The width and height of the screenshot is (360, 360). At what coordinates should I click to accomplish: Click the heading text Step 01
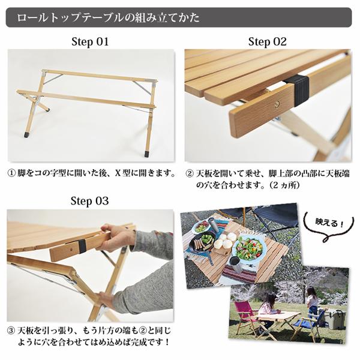[90, 42]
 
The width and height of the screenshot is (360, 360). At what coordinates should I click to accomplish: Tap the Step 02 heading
[268, 42]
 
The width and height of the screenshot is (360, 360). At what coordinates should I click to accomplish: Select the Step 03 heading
[90, 200]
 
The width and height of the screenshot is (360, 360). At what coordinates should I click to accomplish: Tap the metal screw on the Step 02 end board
[277, 104]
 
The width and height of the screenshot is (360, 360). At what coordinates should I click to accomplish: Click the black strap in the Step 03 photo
[81, 246]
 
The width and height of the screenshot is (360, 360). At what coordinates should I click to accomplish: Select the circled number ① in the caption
[11, 173]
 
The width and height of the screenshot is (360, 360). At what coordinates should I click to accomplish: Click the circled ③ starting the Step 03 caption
[11, 331]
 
